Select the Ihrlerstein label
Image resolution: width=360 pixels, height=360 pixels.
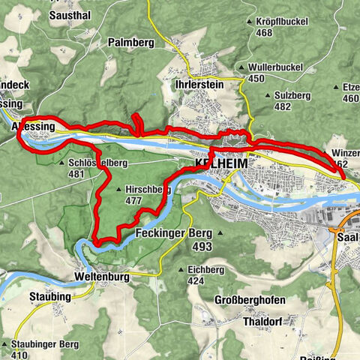198,85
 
